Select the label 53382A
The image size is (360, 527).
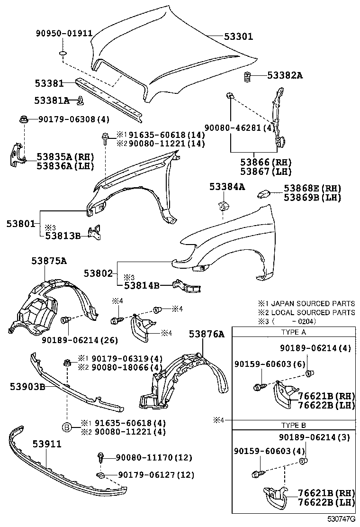click(284, 75)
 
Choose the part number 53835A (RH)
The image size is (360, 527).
click(65, 157)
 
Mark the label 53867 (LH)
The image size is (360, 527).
click(265, 171)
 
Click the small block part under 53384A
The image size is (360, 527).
click(222, 207)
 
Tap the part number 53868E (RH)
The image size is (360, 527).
click(312, 188)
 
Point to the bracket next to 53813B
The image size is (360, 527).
click(97, 232)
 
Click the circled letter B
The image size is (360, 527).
click(67, 427)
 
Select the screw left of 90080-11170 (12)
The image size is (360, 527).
click(100, 457)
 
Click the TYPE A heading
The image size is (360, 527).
click(294, 332)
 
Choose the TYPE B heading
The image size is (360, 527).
click(294, 425)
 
